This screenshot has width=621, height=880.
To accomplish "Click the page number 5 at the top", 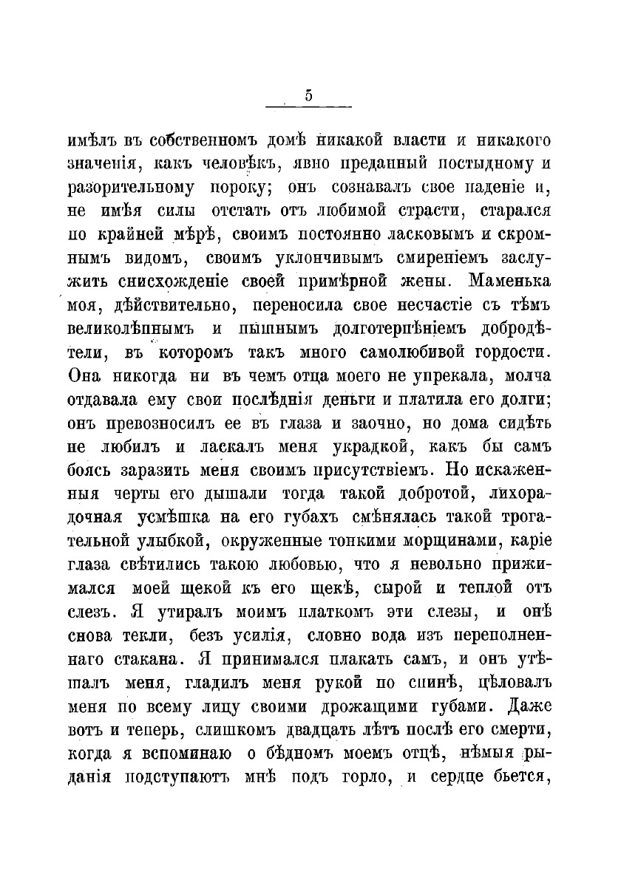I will (x=308, y=95).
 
